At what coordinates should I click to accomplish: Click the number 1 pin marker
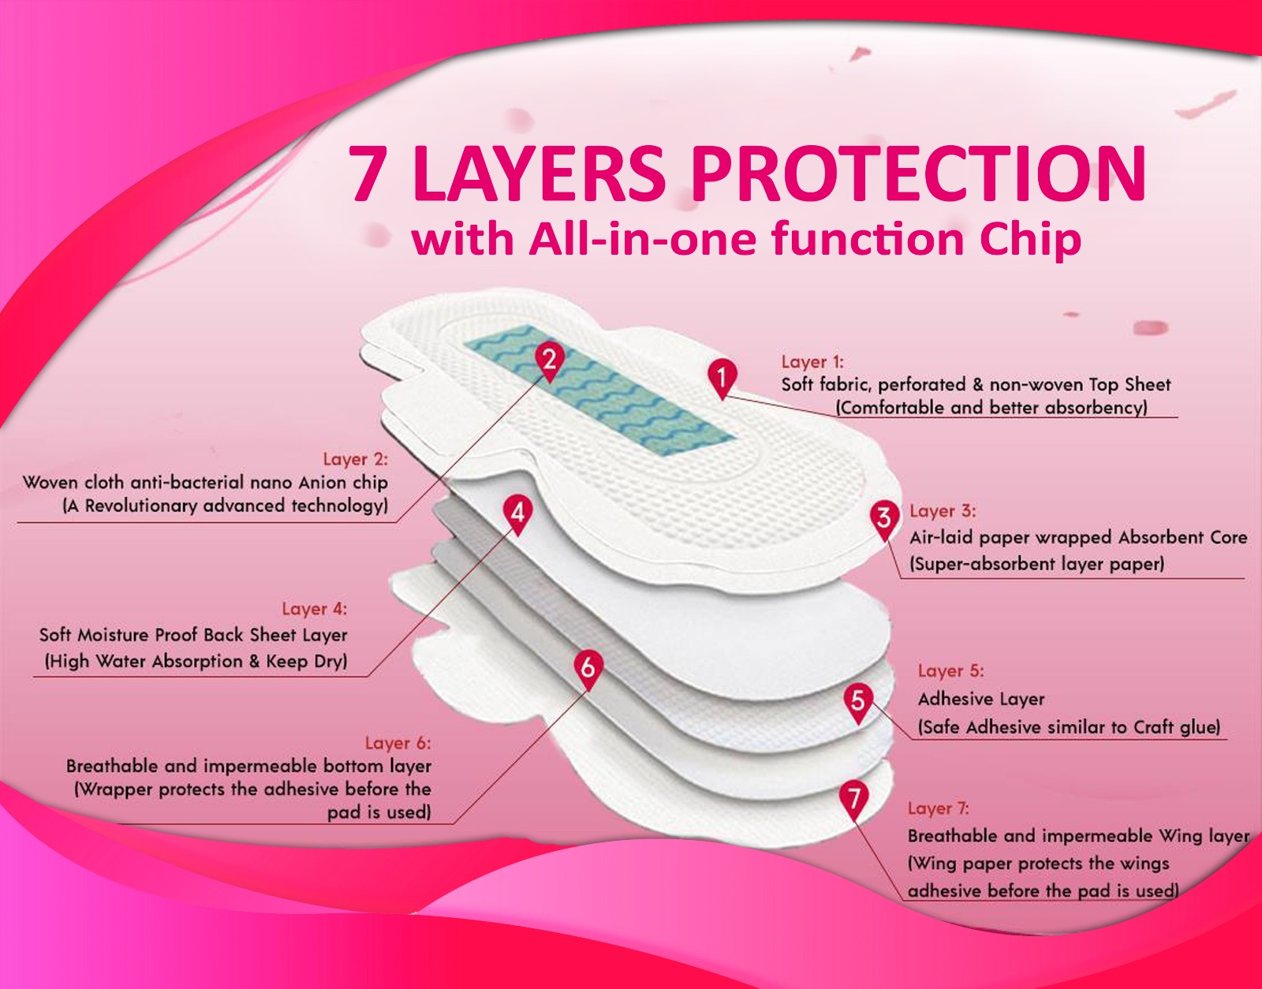click(722, 378)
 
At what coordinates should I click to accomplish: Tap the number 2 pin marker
click(550, 360)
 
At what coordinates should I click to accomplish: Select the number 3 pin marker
click(884, 520)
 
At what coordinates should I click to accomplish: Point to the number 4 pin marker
click(517, 514)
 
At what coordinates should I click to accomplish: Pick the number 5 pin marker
click(858, 703)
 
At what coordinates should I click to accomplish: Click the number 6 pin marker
click(588, 670)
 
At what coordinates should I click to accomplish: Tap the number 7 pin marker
click(853, 801)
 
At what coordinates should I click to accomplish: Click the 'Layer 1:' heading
click(812, 362)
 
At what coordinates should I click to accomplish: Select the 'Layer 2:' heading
click(356, 459)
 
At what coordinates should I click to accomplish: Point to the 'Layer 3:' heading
click(943, 511)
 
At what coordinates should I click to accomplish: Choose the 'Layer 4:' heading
click(315, 609)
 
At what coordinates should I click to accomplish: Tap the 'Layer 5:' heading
click(951, 670)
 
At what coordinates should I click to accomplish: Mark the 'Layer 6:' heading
click(398, 743)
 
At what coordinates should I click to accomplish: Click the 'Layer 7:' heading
click(939, 808)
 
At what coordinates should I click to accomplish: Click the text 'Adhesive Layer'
click(981, 700)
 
